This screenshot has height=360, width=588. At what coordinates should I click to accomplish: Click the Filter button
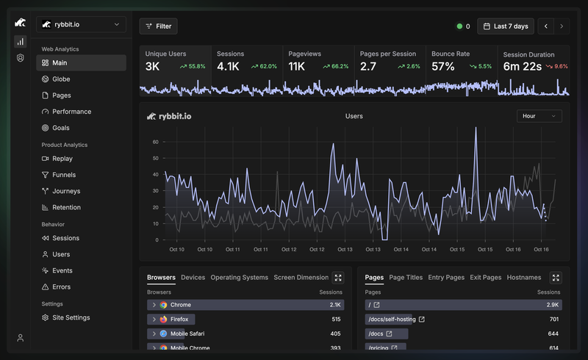[158, 26]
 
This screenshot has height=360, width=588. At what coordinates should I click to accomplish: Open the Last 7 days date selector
[506, 26]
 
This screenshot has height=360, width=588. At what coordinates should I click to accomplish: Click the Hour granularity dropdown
[539, 116]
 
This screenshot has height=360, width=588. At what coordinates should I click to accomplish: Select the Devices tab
[193, 278]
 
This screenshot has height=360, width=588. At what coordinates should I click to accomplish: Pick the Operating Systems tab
[240, 278]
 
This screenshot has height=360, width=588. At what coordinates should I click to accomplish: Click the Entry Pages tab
[446, 278]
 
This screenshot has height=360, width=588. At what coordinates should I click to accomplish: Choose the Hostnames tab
[524, 278]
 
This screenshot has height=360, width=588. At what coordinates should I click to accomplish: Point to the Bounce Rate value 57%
[443, 66]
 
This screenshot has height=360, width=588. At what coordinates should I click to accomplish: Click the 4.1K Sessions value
[228, 66]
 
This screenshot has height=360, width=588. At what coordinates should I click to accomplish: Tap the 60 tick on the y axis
[156, 142]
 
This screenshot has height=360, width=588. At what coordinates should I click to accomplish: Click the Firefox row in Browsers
[245, 319]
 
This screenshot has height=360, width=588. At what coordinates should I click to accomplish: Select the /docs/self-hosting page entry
[392, 319]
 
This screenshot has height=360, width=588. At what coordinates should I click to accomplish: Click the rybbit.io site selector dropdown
[81, 24]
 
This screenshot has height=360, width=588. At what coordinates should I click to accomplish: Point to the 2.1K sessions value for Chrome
[335, 305]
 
